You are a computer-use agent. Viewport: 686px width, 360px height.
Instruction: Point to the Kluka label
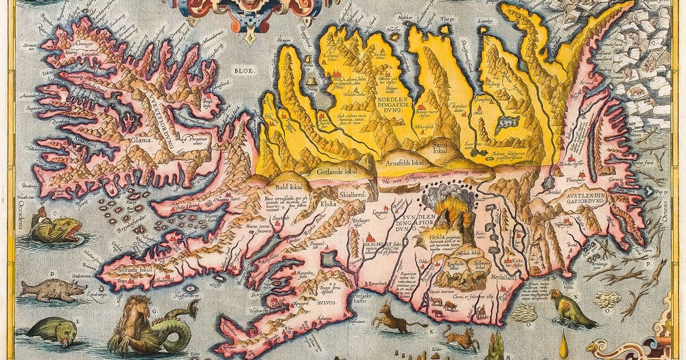click(326, 204)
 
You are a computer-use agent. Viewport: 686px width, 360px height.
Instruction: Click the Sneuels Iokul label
click(126, 267)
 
